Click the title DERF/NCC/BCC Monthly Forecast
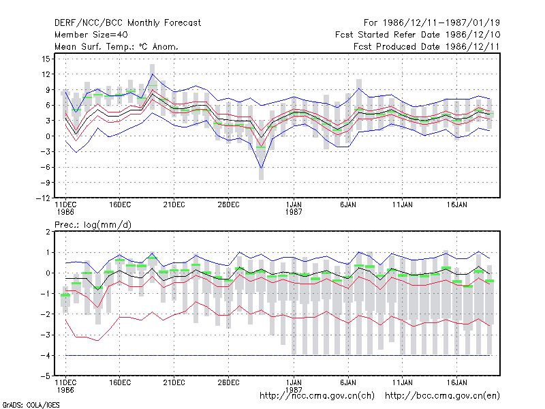pyautogui.click(x=127, y=23)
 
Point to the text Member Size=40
pyautogui.click(x=91, y=35)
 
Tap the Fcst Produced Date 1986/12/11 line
pyautogui.click(x=426, y=46)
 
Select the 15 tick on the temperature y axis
pyautogui.click(x=46, y=59)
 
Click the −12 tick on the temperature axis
pyautogui.click(x=43, y=198)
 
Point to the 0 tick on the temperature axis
pyautogui.click(x=48, y=136)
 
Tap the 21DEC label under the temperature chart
pyautogui.click(x=174, y=205)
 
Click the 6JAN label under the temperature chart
pyautogui.click(x=348, y=205)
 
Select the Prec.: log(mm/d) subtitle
pyautogui.click(x=93, y=225)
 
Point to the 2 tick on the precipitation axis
pyautogui.click(x=48, y=232)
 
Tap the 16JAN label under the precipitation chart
pyautogui.click(x=456, y=382)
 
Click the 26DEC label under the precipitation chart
pyautogui.click(x=228, y=382)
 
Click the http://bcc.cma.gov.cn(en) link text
pyautogui.click(x=442, y=396)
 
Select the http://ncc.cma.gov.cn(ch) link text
pyautogui.click(x=317, y=396)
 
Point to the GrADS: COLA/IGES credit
pyautogui.click(x=31, y=405)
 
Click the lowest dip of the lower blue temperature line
pyautogui.click(x=261, y=168)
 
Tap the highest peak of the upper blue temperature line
pyautogui.click(x=153, y=74)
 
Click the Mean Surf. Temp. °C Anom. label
pyautogui.click(x=116, y=46)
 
